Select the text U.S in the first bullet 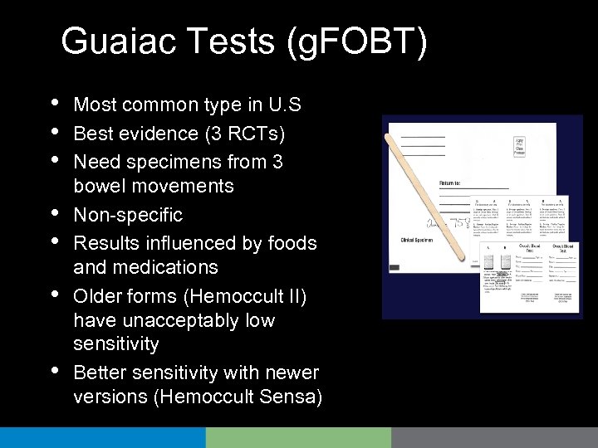(x=282, y=105)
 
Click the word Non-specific (x=128, y=215)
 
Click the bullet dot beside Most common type (x=54, y=102)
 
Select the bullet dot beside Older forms (x=54, y=292)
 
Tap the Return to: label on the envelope (x=458, y=182)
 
